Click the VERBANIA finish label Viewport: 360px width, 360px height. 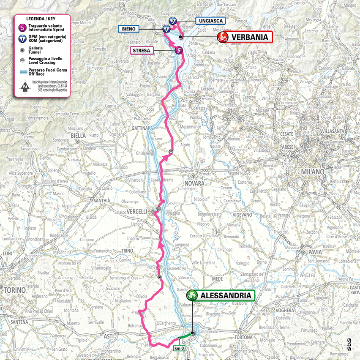click(250, 37)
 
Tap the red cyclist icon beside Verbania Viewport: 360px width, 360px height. click(223, 37)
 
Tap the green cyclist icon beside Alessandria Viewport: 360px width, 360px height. click(192, 295)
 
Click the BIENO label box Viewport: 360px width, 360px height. click(128, 29)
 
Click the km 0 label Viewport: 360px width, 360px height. click(179, 348)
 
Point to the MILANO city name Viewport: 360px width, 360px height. click(312, 172)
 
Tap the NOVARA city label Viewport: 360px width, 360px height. click(194, 183)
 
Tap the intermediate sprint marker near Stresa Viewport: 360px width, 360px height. click(179, 50)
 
